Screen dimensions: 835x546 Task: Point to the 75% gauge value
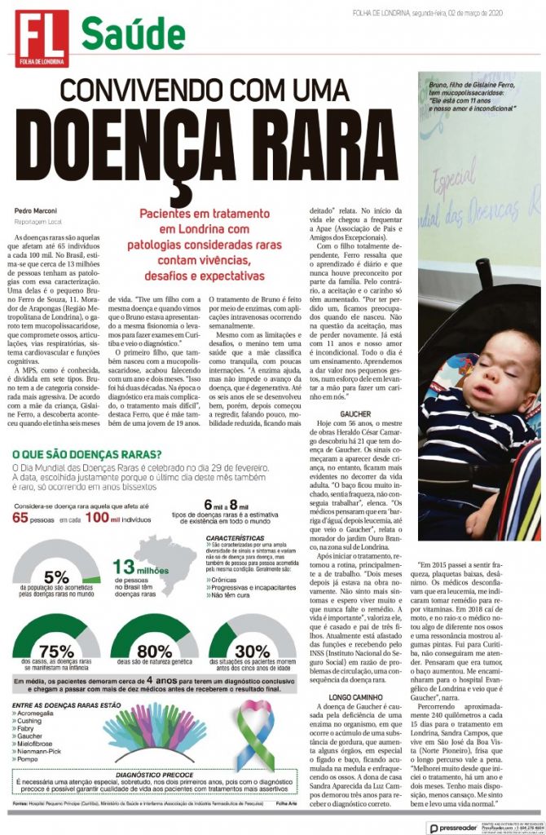[x=57, y=652]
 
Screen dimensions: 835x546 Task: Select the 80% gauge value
[x=156, y=652]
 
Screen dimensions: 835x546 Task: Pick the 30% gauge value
[x=254, y=652]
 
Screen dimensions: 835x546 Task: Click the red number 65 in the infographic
[x=28, y=517]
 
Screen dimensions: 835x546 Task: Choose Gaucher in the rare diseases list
[x=31, y=734]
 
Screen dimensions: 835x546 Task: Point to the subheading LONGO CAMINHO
[x=360, y=697]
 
